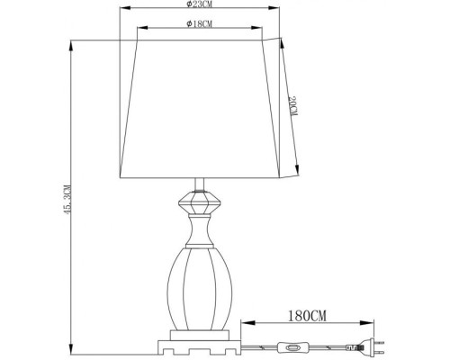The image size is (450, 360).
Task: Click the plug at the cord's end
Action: [362, 346]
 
